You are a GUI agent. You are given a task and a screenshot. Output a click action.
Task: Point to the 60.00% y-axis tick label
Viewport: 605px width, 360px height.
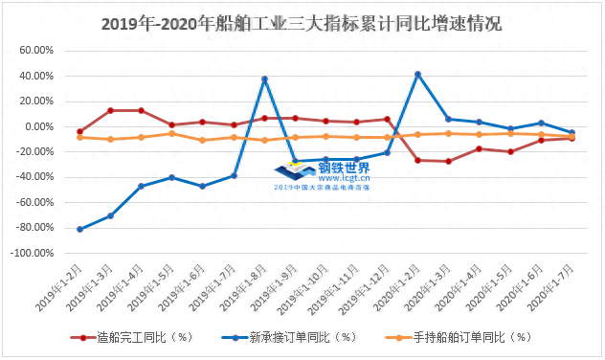click(35, 51)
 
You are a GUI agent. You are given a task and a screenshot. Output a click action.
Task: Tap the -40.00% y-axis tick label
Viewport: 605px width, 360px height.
click(35, 177)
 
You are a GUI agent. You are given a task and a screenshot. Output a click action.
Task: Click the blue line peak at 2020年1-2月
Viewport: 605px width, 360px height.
click(417, 74)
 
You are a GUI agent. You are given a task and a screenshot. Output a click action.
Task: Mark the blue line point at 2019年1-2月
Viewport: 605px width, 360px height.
click(80, 230)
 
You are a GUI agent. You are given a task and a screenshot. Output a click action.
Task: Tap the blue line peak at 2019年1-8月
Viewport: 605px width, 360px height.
click(264, 79)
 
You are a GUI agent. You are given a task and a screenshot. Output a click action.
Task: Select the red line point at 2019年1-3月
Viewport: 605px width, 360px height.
click(111, 110)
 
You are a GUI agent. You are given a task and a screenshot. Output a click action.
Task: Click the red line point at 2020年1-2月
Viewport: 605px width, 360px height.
click(417, 160)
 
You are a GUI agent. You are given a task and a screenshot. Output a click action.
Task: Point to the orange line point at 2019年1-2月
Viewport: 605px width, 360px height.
click(80, 137)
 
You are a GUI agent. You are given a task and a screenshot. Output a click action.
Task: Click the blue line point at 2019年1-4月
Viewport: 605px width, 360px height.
click(142, 186)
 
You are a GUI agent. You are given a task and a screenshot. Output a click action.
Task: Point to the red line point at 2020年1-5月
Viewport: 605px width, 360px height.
click(510, 151)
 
